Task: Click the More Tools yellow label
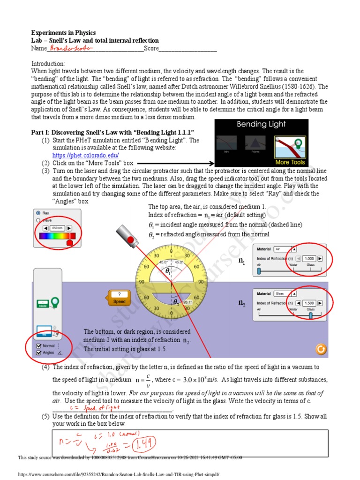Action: tap(290, 162)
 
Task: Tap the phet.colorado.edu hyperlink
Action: tap(85, 155)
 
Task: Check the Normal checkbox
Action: tap(38, 345)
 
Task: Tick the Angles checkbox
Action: tap(38, 352)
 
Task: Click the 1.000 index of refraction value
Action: tap(309, 258)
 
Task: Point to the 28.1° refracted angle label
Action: tap(187, 302)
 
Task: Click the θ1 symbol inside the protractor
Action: tap(168, 271)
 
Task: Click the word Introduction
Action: tap(48, 64)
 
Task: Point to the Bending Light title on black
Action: tap(261, 125)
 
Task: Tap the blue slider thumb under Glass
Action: tap(310, 315)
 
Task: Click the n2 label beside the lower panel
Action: tap(242, 304)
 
